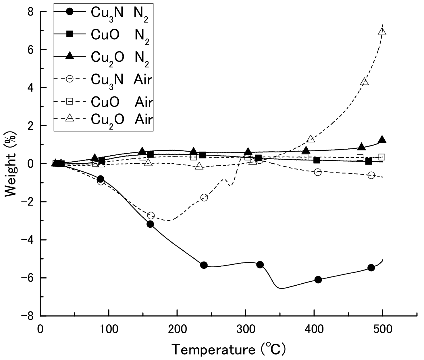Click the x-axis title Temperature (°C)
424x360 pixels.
[228, 350]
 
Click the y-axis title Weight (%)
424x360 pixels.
[11, 164]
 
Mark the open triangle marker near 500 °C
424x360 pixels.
[382, 32]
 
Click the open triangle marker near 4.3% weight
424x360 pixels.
[364, 82]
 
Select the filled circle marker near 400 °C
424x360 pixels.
[318, 280]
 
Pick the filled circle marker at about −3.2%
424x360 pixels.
[150, 224]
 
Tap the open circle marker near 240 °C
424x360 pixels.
[204, 198]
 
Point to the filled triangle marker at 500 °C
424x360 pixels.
[382, 140]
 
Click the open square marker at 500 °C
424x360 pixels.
[381, 157]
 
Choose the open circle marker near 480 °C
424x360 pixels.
[371, 175]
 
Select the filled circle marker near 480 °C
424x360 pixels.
[371, 268]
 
